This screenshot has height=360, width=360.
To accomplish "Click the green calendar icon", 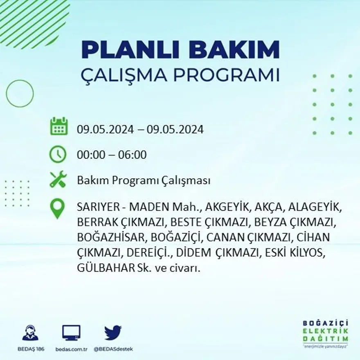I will tap(59, 126).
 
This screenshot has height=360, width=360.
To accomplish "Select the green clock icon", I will tap(58, 155).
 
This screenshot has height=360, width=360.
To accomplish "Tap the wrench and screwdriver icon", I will tap(58, 179).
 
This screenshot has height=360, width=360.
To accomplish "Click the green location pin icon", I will tap(58, 208).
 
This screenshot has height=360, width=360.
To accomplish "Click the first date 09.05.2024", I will tap(105, 130).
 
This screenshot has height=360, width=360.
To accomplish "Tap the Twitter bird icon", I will tap(113, 333).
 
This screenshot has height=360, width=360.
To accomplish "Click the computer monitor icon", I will tap(71, 333).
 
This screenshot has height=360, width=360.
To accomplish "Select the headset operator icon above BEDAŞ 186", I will tap(30, 333).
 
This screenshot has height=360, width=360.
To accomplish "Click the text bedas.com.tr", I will tap(71, 349).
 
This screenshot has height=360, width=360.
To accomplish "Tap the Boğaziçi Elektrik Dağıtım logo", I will tap(326, 332).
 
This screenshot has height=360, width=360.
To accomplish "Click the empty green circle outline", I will tap(20, 94).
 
